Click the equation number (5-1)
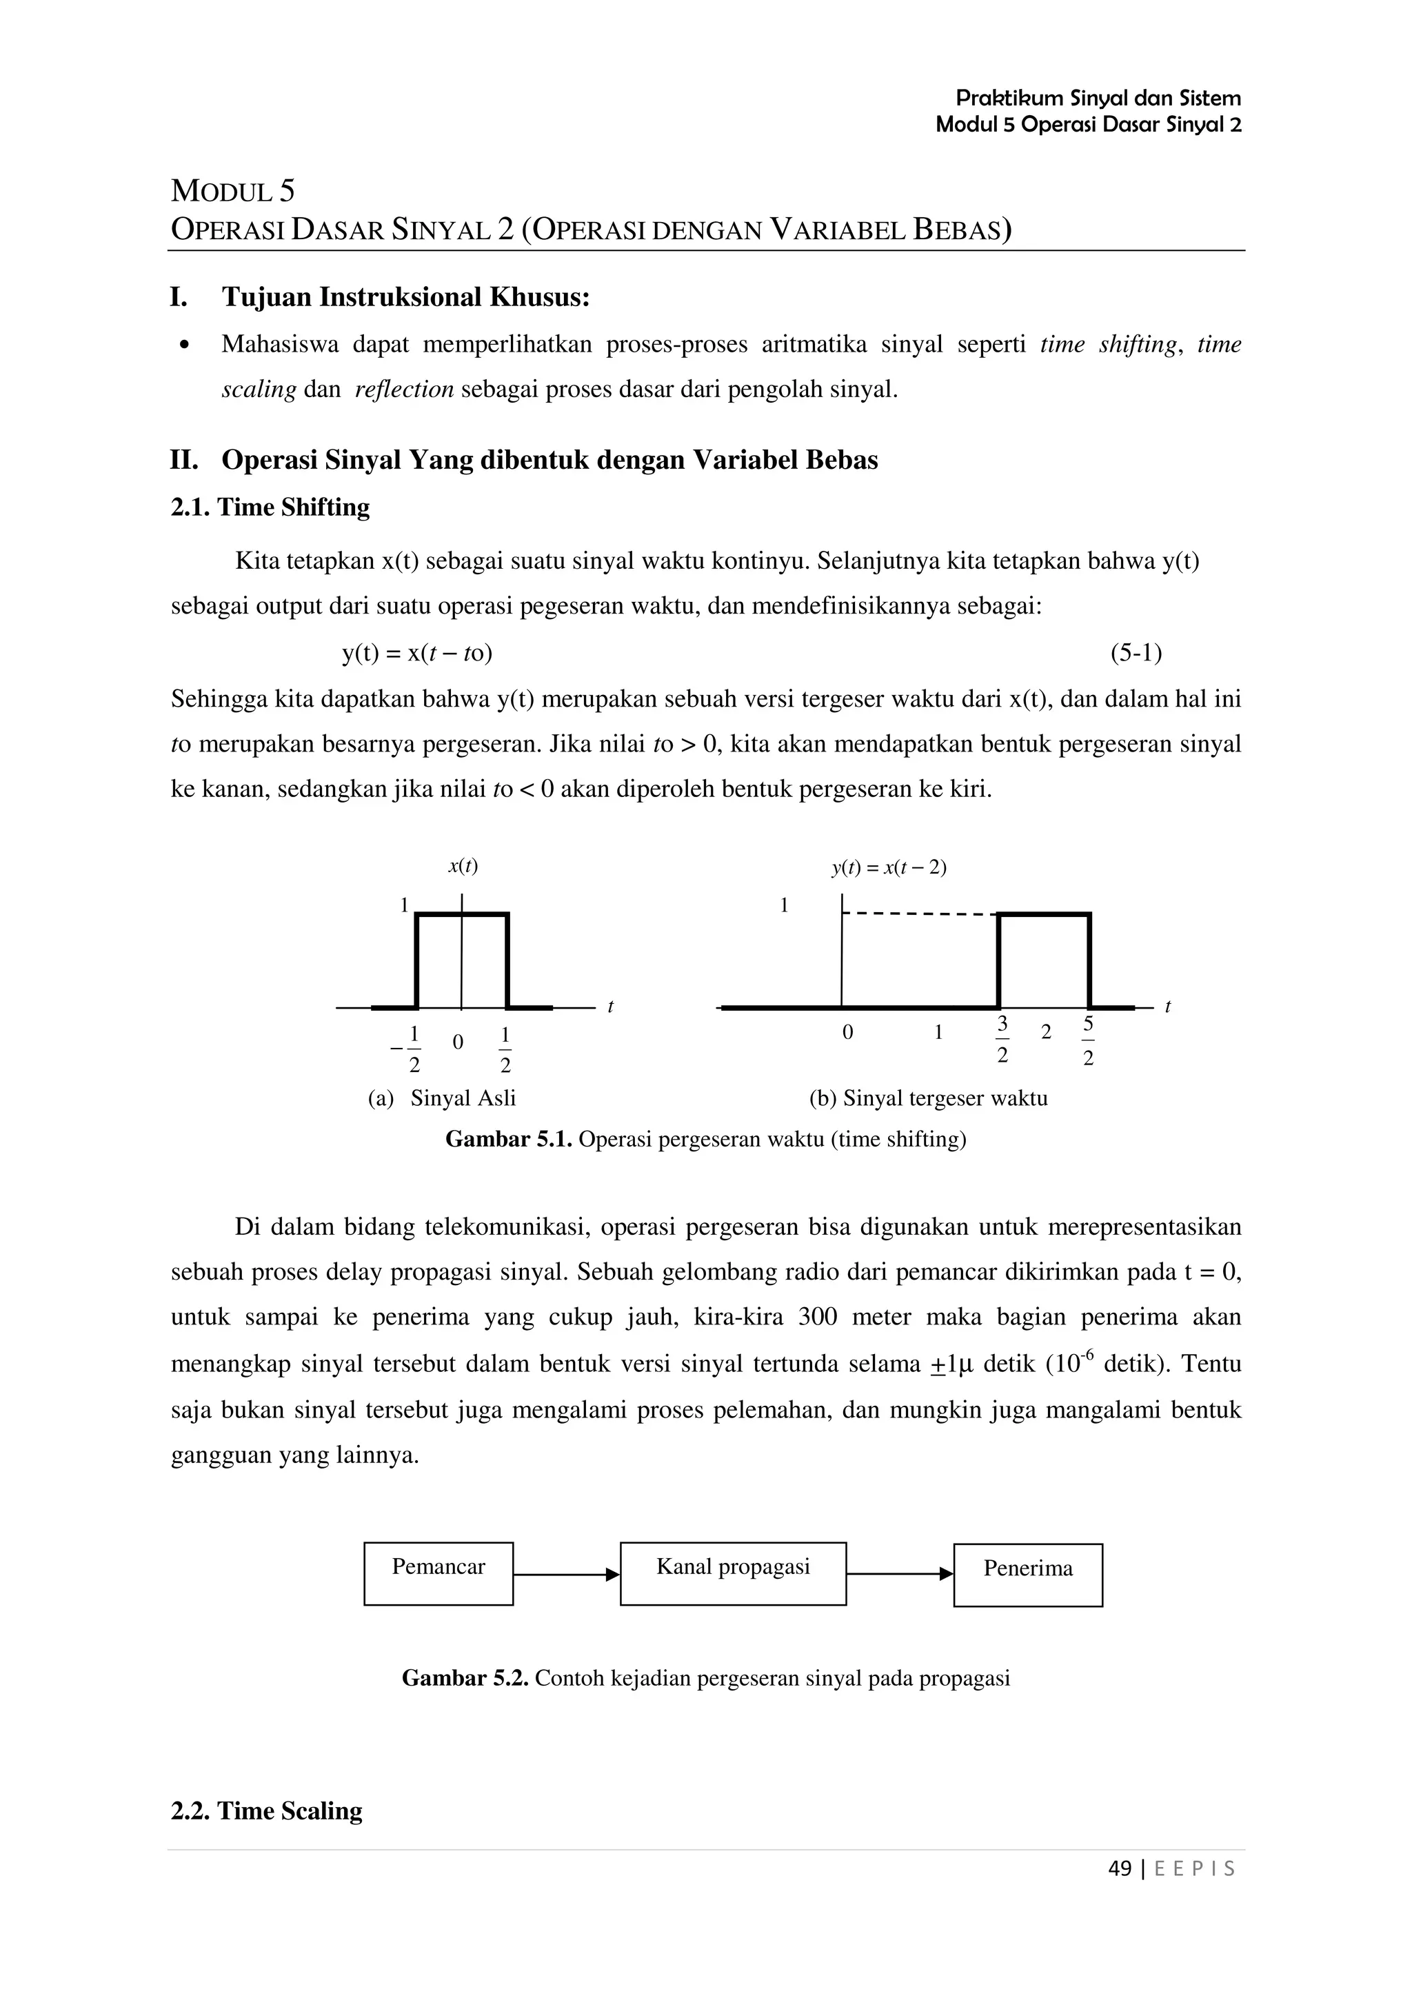point(1136,653)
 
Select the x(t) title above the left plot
point(463,866)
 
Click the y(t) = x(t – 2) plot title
point(888,867)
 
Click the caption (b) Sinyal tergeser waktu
point(928,1098)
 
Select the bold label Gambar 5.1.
point(508,1139)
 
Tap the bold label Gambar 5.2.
point(465,1678)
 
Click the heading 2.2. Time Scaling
point(266,1811)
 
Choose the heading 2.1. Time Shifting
point(270,507)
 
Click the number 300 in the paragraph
point(817,1318)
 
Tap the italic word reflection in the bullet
point(405,389)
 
